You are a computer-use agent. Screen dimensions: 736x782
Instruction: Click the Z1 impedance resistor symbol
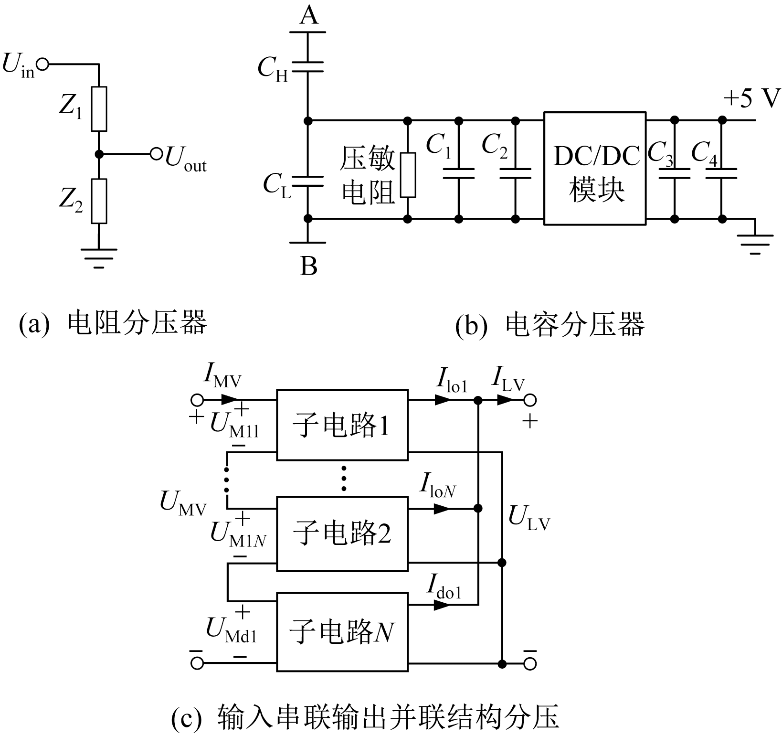(x=99, y=109)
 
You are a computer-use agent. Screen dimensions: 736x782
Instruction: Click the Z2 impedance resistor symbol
(x=99, y=201)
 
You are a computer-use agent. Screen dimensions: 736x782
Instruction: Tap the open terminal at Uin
(x=43, y=64)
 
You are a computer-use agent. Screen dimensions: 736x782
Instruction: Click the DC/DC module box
(x=594, y=169)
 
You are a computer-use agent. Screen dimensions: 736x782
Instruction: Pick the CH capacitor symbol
(x=307, y=66)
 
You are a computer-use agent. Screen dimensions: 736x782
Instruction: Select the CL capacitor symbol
(x=307, y=181)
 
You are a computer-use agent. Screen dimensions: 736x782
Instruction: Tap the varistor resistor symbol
(x=408, y=175)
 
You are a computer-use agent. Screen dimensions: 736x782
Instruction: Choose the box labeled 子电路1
(x=342, y=425)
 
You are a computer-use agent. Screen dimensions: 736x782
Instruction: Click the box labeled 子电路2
(x=342, y=533)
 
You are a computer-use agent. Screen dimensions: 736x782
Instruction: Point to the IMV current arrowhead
(x=230, y=399)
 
